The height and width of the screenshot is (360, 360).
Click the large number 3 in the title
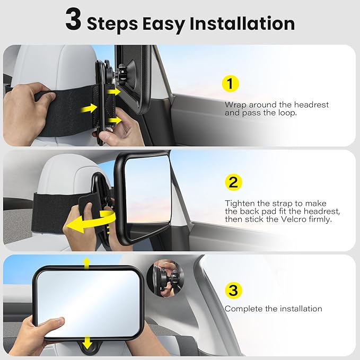[x=74, y=22]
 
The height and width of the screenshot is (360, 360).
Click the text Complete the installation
[x=273, y=309]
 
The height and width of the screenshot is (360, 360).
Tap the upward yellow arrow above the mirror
[x=86, y=261]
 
